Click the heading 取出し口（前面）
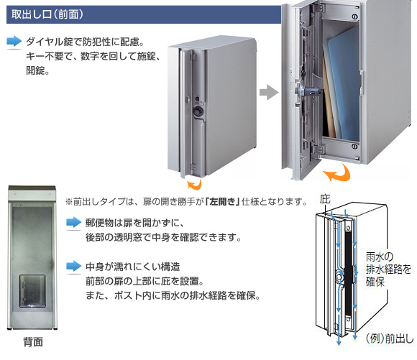[x=47, y=14]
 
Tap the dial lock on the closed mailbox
[x=198, y=111]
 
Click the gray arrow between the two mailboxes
[x=269, y=92]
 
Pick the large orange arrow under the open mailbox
[x=337, y=173]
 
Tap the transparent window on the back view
[x=32, y=291]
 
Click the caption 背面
[x=33, y=342]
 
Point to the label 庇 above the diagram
[x=325, y=199]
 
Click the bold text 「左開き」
[x=223, y=202]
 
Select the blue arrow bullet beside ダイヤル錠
[x=14, y=42]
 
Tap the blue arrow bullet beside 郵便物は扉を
[x=73, y=223]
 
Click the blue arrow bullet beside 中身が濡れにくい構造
[x=73, y=267]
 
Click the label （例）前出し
[x=390, y=338]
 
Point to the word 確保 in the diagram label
[x=375, y=282]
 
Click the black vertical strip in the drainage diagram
[x=349, y=274]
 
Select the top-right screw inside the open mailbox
[x=354, y=17]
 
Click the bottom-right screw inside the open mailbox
[x=354, y=147]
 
